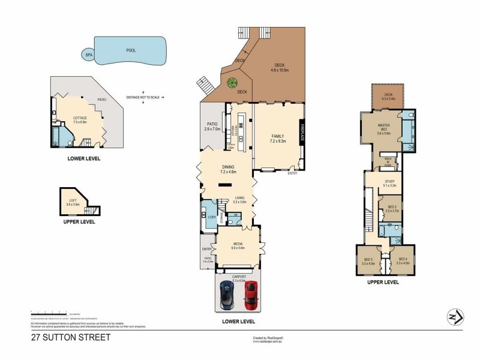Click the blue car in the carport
227,295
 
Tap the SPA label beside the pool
88,54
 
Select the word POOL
130,52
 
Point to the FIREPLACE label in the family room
302,132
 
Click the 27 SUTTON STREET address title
71,338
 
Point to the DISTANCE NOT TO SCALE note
144,97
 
